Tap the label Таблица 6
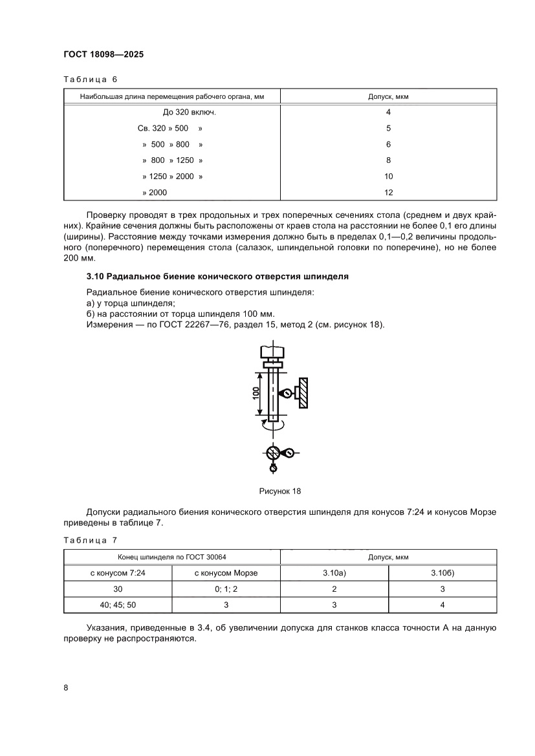pos(90,80)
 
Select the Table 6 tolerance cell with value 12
pos(388,192)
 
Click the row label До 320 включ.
pos(171,112)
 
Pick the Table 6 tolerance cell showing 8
pos(388,160)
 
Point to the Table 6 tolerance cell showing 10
pos(388,176)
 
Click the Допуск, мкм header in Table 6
pos(388,96)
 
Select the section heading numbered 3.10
pos(217,276)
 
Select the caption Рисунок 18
pos(280,491)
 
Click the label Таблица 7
pos(90,540)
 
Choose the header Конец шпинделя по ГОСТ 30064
pos(172,557)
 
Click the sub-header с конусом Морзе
pos(226,573)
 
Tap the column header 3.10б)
pos(442,573)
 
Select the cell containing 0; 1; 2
pos(226,589)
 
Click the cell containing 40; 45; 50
pos(118,605)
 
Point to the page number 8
pos(66,687)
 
